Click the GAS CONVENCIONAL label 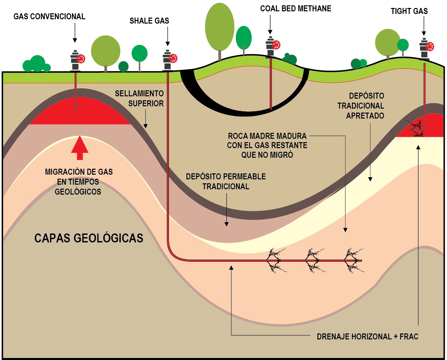click(x=49, y=17)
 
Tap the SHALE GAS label click(x=149, y=21)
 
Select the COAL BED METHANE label click(x=295, y=9)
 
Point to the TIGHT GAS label click(x=409, y=11)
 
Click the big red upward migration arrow click(x=80, y=147)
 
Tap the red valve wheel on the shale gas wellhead click(x=173, y=58)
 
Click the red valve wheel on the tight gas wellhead click(x=430, y=46)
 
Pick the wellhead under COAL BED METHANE click(x=271, y=47)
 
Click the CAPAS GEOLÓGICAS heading click(x=89, y=238)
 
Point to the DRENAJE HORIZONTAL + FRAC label click(x=367, y=337)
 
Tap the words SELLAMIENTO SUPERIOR click(x=140, y=99)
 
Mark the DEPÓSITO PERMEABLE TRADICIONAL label click(x=226, y=181)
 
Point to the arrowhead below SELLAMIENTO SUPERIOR click(x=145, y=126)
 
